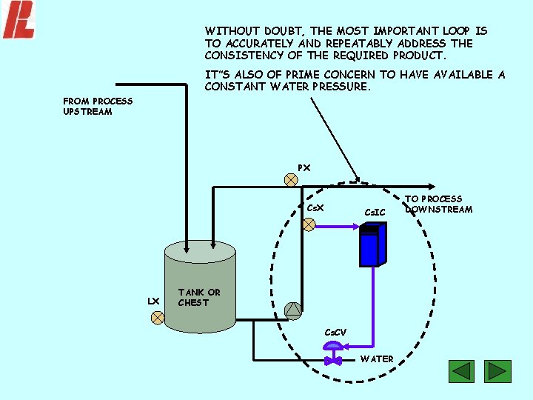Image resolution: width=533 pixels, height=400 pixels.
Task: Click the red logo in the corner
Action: (19, 19)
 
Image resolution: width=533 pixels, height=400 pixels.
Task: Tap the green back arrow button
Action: (461, 371)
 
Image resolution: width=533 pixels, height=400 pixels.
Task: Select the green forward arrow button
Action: (497, 371)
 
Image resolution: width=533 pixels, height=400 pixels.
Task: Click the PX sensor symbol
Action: (291, 180)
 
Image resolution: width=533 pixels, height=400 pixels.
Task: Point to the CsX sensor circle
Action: (309, 225)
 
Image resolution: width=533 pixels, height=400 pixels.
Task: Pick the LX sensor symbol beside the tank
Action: (158, 318)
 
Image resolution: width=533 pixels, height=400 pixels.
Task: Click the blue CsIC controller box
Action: (373, 244)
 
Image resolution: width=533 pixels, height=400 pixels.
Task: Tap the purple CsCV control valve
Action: (333, 353)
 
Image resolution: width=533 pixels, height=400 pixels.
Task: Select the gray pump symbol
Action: (293, 311)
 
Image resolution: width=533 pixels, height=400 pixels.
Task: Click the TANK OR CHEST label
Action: (199, 297)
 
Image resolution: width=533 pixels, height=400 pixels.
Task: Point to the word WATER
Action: (377, 359)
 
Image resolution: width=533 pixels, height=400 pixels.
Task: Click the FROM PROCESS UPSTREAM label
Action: (98, 106)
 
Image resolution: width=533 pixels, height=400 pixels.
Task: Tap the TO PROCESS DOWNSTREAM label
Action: (438, 204)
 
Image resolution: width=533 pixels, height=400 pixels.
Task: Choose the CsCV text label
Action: (335, 333)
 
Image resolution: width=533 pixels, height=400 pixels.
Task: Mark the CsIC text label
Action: (375, 213)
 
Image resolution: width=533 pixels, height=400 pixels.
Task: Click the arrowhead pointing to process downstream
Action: (432, 187)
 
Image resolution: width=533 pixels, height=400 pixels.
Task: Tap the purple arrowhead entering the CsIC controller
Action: (356, 226)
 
